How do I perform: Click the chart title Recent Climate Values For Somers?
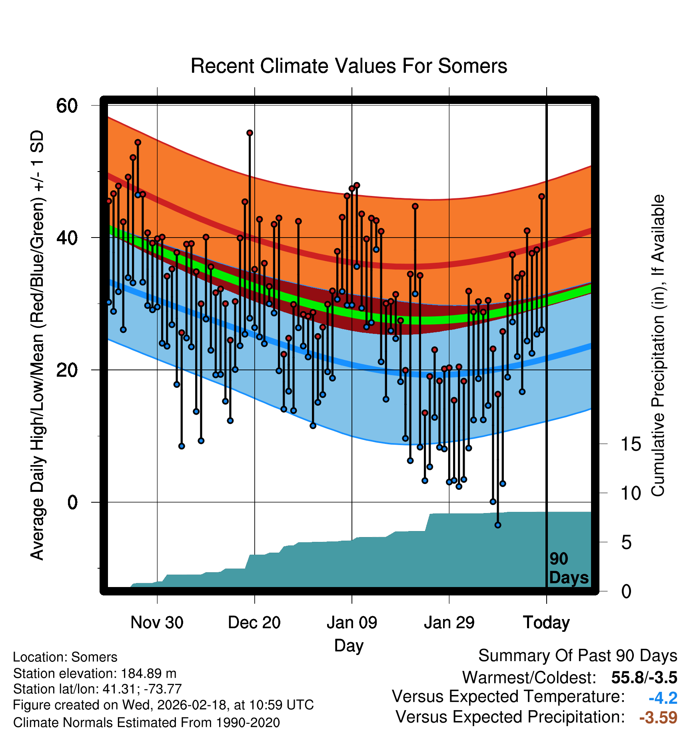click(x=349, y=66)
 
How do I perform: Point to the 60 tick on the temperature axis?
click(x=67, y=106)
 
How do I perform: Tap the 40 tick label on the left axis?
click(x=67, y=238)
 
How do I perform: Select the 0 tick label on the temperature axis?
click(x=72, y=502)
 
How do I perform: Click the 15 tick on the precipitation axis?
click(x=631, y=444)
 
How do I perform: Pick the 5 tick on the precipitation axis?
click(x=626, y=543)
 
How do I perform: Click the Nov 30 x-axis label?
click(x=157, y=623)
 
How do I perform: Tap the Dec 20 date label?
click(x=254, y=623)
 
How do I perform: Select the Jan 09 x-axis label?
click(x=352, y=623)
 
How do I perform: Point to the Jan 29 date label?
click(x=449, y=623)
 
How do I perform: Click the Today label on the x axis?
click(x=546, y=623)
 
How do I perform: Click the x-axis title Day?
click(x=349, y=645)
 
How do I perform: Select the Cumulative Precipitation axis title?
click(x=658, y=346)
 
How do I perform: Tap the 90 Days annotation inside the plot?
click(x=568, y=568)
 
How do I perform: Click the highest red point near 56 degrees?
click(x=250, y=133)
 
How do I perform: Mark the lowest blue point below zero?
click(x=498, y=525)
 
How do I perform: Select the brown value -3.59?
click(x=658, y=717)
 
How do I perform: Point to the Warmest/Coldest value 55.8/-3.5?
click(x=644, y=677)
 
